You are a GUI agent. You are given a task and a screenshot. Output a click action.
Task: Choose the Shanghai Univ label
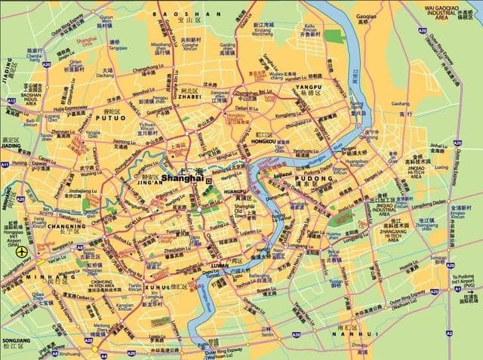(92, 41)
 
